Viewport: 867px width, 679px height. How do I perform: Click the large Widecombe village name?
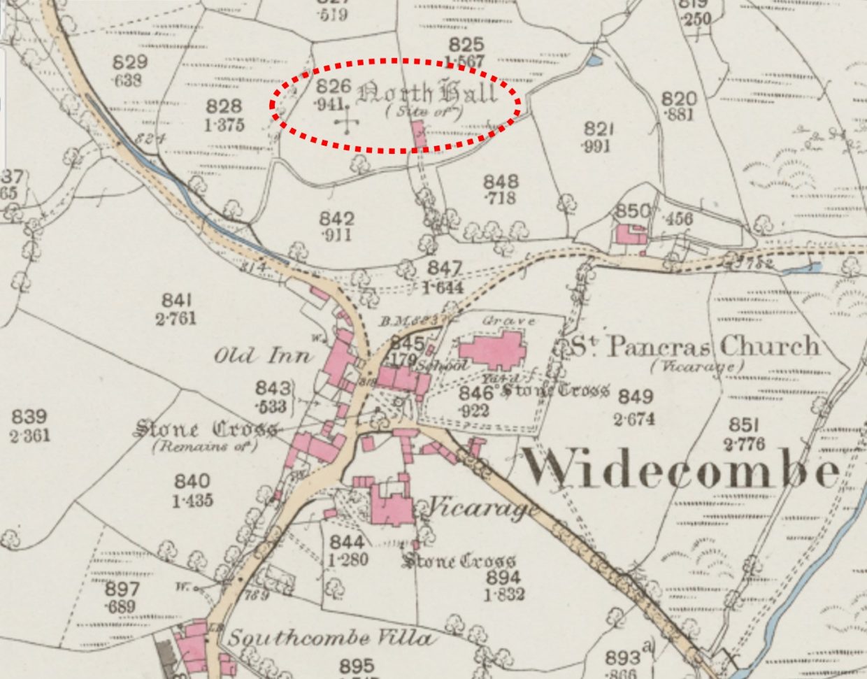[682, 467]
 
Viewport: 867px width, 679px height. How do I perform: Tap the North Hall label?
[428, 93]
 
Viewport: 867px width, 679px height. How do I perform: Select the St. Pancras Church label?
[695, 346]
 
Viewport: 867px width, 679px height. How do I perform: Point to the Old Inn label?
[261, 356]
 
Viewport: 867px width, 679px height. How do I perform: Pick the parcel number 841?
[177, 301]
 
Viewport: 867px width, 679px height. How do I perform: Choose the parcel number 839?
[29, 417]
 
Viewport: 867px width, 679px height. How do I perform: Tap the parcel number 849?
[636, 397]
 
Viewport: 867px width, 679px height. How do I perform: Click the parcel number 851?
[745, 425]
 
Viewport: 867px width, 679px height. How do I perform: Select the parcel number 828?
[224, 107]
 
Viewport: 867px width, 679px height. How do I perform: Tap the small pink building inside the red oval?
[420, 134]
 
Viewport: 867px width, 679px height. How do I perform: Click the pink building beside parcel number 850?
[630, 234]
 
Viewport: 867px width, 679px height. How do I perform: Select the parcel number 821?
[599, 129]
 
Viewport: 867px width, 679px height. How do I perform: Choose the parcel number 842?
[337, 217]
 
